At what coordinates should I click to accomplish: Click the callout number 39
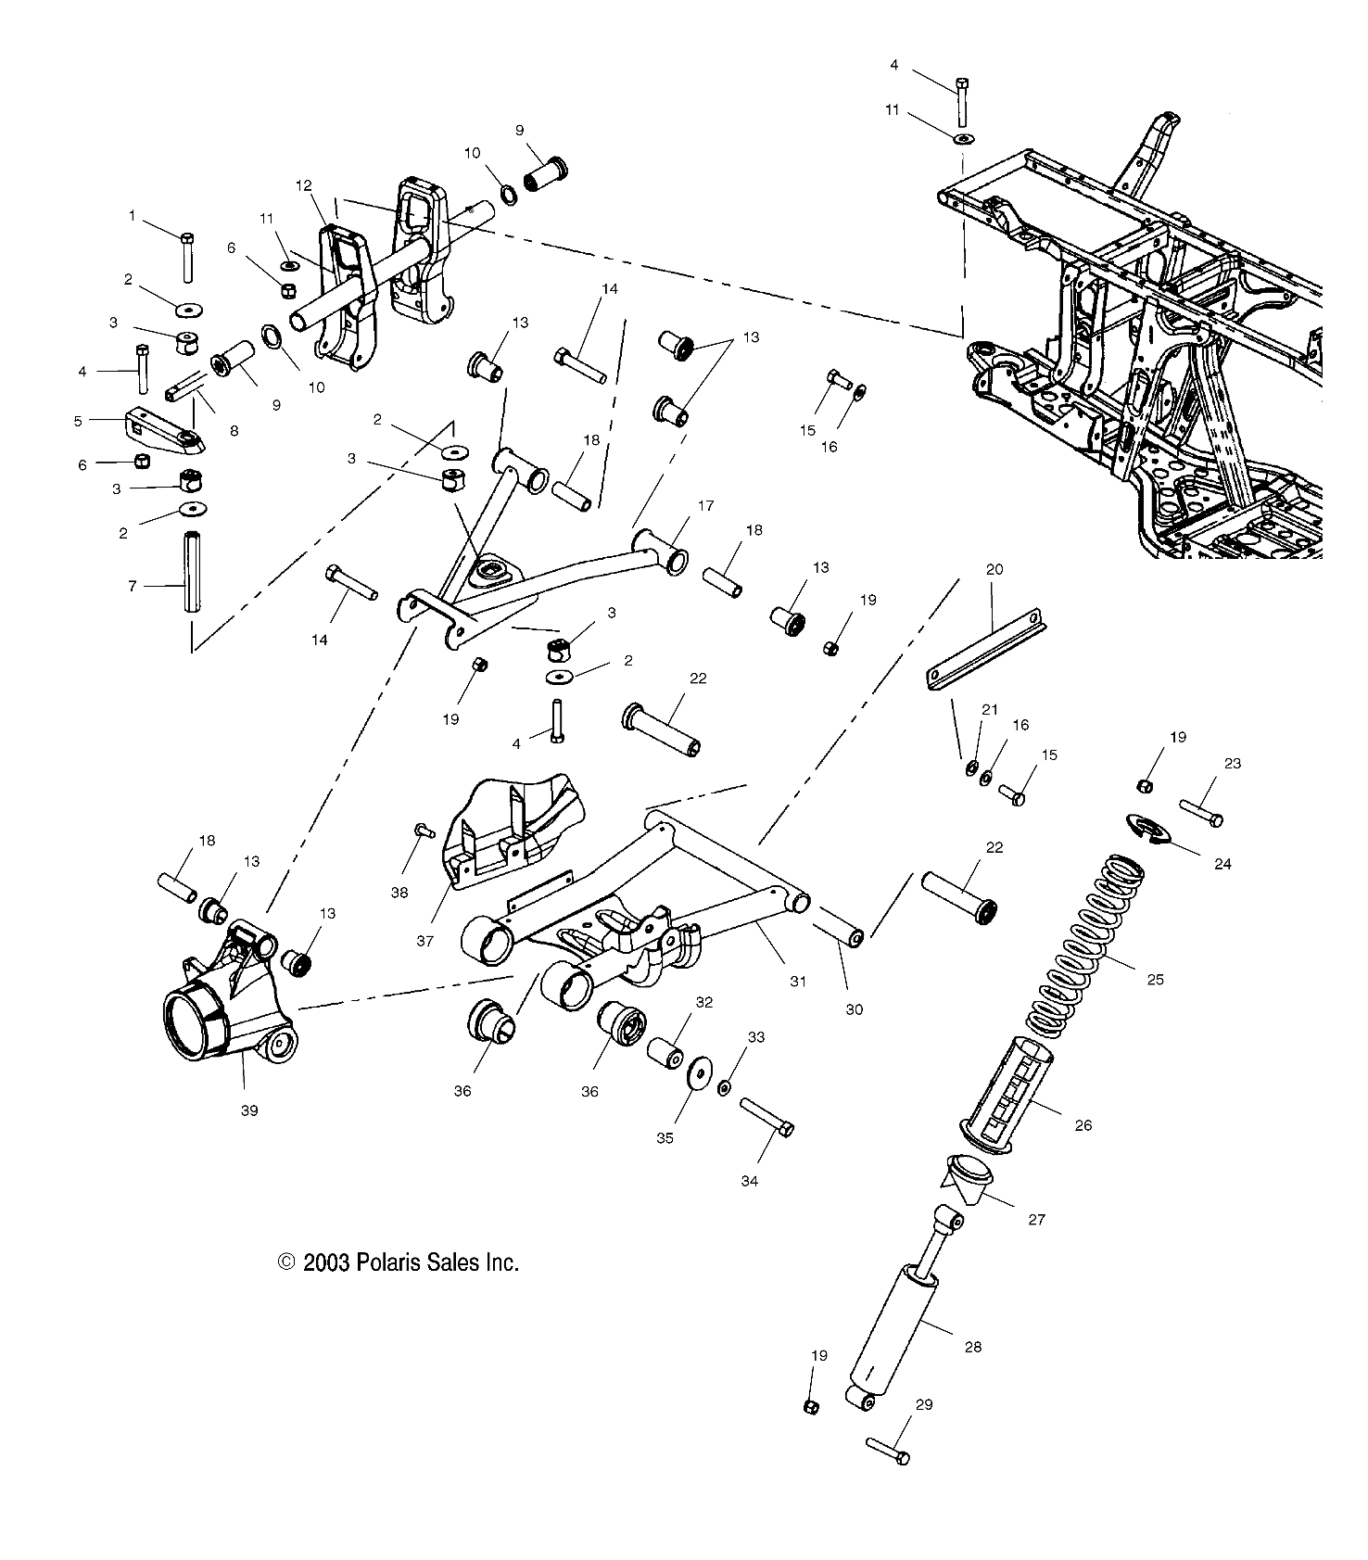pyautogui.click(x=249, y=1110)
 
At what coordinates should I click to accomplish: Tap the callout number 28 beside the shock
pyautogui.click(x=972, y=1347)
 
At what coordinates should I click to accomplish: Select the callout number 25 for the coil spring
pyautogui.click(x=1155, y=979)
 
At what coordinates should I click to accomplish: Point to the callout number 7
pyautogui.click(x=133, y=586)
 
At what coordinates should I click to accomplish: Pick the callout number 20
pyautogui.click(x=994, y=570)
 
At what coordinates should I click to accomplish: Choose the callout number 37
pyautogui.click(x=424, y=941)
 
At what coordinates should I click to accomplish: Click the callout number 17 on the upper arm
pyautogui.click(x=706, y=506)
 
